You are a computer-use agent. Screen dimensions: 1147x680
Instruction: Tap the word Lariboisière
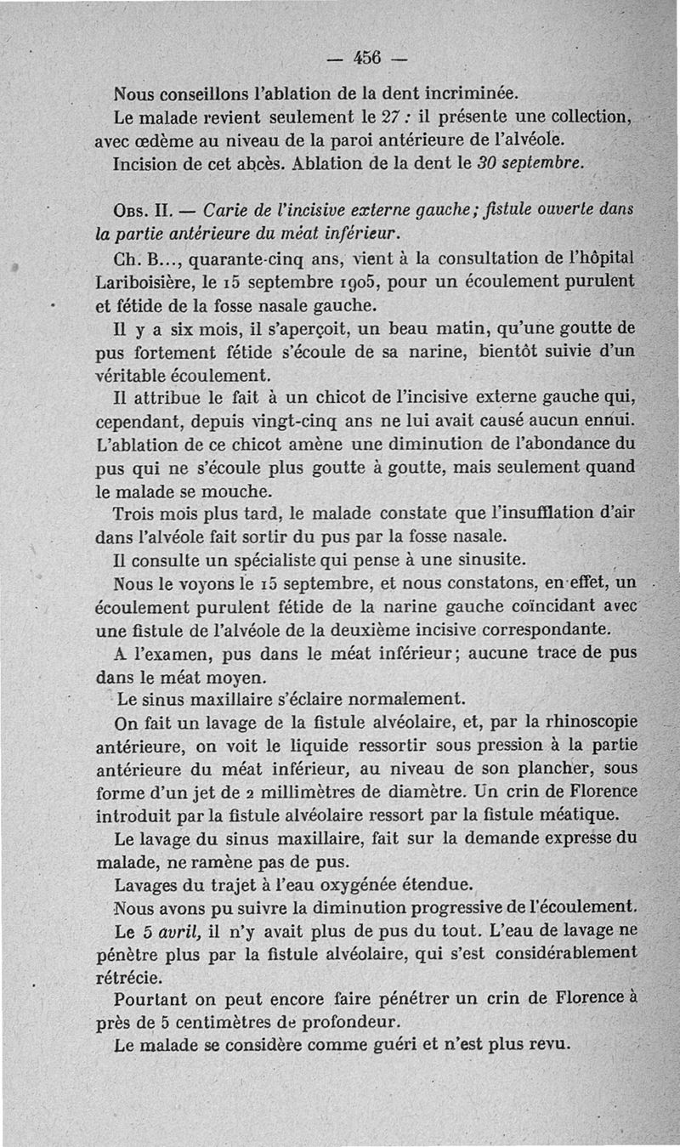pyautogui.click(x=145, y=281)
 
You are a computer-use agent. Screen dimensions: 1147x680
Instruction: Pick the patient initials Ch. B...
pyautogui.click(x=141, y=258)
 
